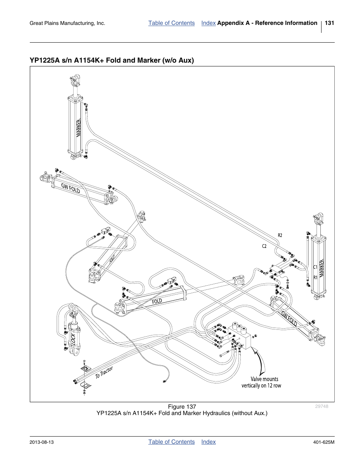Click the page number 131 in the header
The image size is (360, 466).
[x=329, y=23]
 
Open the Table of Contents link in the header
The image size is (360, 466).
[x=171, y=23]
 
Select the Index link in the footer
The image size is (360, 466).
[x=208, y=442]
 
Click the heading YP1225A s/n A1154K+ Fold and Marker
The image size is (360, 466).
[x=112, y=60]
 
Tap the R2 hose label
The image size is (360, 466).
[x=280, y=235]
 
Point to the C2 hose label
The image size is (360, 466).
[x=264, y=246]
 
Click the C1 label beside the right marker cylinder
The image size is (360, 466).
[x=315, y=267]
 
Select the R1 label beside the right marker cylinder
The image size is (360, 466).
[x=315, y=278]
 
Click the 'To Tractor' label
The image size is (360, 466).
[x=104, y=372]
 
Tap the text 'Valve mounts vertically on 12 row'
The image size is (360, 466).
[x=262, y=382]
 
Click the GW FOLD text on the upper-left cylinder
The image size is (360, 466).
[x=71, y=188]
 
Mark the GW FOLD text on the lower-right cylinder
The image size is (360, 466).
[x=289, y=319]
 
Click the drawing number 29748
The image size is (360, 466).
[x=322, y=406]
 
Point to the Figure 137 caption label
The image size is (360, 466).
[x=182, y=407]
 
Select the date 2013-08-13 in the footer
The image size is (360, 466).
[x=42, y=442]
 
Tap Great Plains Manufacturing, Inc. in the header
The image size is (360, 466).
[x=67, y=23]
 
